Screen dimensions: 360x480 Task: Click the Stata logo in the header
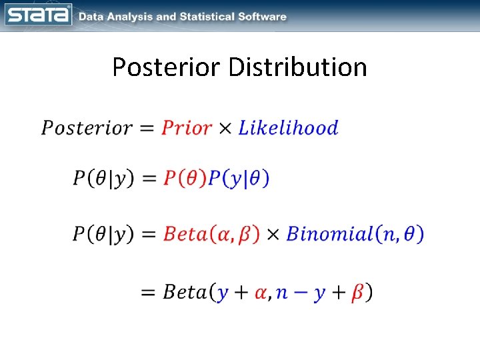[38, 15]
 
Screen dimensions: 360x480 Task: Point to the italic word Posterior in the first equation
[85, 128]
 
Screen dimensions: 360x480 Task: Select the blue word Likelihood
[288, 128]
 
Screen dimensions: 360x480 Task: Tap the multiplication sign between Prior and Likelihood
[226, 129]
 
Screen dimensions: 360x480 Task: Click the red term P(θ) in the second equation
[185, 179]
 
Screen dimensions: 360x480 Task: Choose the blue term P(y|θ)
[239, 179]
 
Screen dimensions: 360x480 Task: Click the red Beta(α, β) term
[211, 235]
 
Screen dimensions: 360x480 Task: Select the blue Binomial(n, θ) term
[355, 235]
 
